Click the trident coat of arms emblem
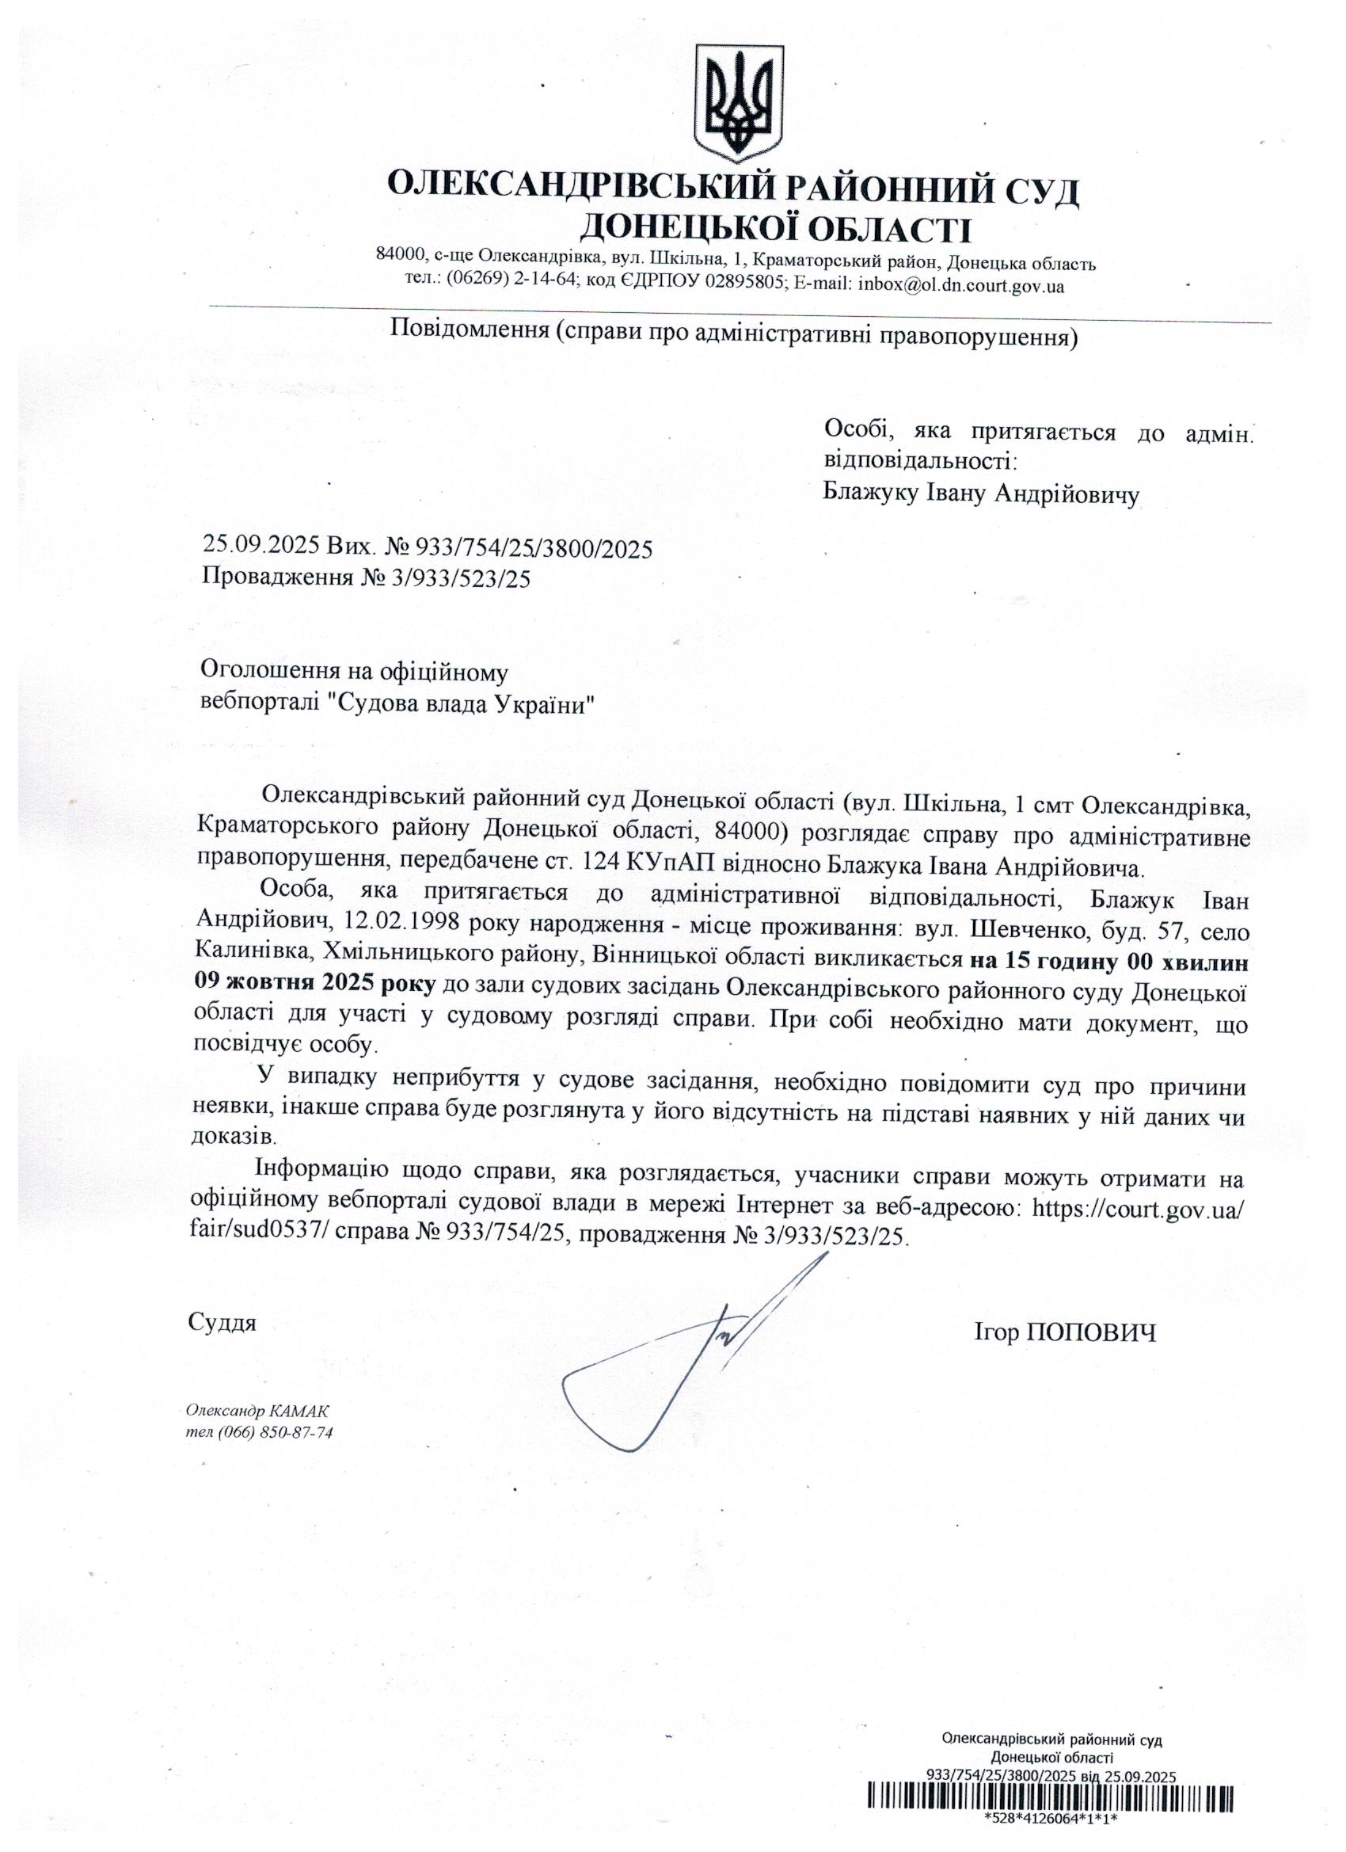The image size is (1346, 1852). (x=737, y=103)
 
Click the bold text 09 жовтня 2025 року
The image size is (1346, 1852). (x=314, y=985)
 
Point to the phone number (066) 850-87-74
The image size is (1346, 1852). (x=278, y=1433)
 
